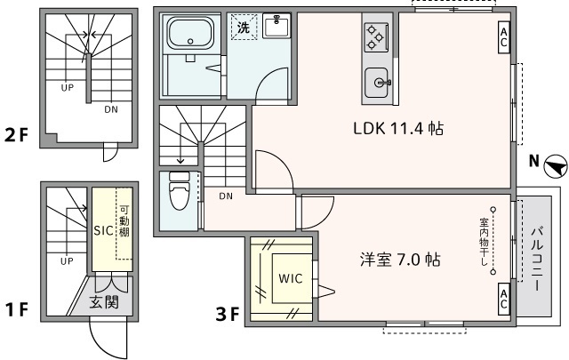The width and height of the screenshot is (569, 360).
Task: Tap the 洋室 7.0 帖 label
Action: [400, 260]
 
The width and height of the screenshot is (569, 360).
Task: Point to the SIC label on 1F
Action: [105, 229]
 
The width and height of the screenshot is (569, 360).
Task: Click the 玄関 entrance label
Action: [106, 302]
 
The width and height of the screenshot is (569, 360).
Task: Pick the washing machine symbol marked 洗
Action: [243, 28]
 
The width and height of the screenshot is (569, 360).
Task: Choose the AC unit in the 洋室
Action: [503, 296]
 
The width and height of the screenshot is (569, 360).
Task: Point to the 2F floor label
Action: [17, 137]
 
